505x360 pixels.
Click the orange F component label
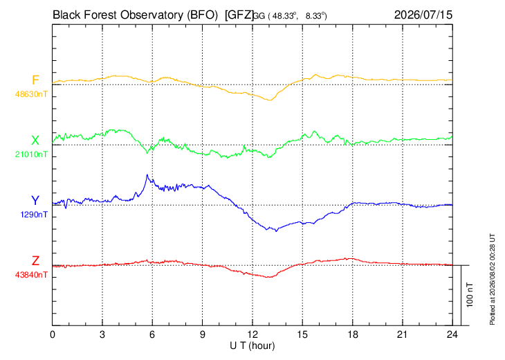click(35, 80)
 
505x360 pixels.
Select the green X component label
click(35, 141)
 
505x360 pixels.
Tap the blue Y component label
click(35, 201)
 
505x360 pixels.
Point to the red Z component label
click(35, 260)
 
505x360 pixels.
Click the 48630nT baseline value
click(31, 94)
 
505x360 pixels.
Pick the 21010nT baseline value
click(31, 154)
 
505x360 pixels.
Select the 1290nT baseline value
click(34, 215)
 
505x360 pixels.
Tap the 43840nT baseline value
click(31, 275)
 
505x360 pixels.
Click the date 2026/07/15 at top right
click(423, 15)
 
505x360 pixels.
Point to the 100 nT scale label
click(470, 295)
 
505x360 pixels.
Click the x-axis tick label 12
click(252, 335)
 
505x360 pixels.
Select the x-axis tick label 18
click(353, 335)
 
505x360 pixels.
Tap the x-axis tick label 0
click(53, 335)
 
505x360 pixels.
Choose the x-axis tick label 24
click(452, 335)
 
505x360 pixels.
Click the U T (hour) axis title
click(252, 346)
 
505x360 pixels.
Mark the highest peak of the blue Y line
click(147, 174)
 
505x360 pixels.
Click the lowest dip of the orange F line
click(270, 100)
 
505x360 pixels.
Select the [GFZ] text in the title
click(239, 15)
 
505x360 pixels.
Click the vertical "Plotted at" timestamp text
click(493, 279)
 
